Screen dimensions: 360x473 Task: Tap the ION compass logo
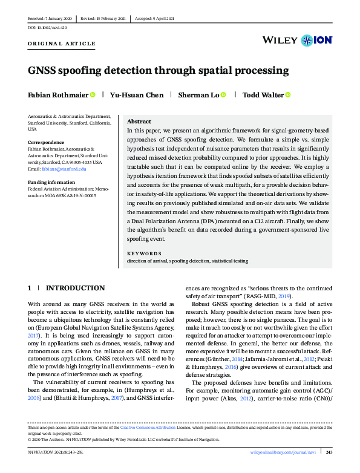309,41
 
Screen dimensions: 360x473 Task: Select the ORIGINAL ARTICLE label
62,44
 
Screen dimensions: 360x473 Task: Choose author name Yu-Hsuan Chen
137,95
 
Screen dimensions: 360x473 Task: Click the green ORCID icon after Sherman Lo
223,95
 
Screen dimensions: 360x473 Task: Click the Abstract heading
139,122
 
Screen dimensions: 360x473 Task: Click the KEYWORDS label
144,254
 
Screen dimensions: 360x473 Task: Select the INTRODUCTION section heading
75,288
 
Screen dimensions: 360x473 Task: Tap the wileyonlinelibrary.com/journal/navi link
285,452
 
